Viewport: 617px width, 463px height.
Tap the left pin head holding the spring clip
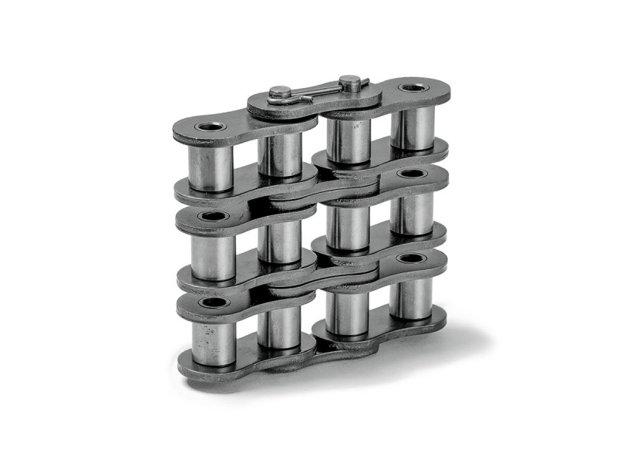(280, 94)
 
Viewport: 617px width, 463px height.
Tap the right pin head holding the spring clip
(349, 79)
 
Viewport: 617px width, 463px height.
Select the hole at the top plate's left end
(209, 126)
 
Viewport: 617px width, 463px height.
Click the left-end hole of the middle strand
(211, 216)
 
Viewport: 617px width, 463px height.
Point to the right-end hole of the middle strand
(412, 174)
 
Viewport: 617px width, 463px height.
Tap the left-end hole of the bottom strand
(212, 302)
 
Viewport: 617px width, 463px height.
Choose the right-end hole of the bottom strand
(411, 257)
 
